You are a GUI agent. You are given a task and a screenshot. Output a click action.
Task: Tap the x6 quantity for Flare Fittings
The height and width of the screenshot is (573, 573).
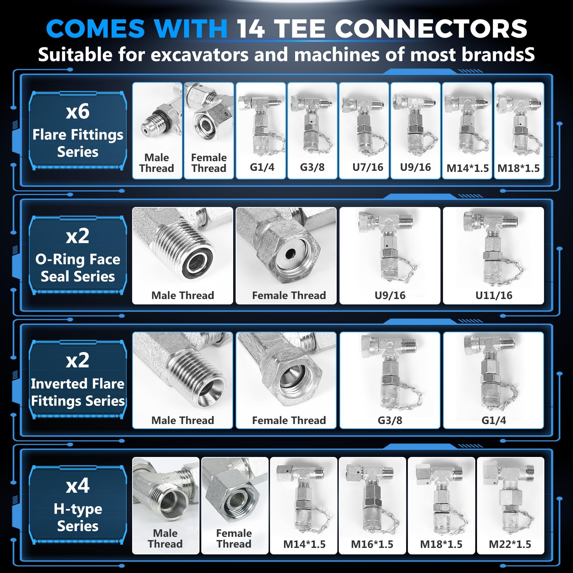[x=78, y=111]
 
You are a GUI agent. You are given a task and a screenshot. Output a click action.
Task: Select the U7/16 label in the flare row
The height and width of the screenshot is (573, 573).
[x=368, y=167]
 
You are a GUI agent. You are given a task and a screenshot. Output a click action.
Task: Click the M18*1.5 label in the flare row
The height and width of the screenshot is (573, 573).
[x=519, y=168]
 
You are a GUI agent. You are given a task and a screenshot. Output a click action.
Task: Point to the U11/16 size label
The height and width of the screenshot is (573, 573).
[x=494, y=295]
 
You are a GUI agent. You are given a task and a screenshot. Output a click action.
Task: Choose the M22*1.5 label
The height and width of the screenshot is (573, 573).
[x=510, y=544]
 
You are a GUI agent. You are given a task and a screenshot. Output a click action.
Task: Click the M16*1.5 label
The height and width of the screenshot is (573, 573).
[x=372, y=544]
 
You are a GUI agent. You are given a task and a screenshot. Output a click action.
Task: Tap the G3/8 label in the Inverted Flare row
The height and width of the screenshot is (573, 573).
[x=390, y=420]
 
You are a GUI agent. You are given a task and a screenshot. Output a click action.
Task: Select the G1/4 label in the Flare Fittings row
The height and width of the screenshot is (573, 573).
[x=262, y=167]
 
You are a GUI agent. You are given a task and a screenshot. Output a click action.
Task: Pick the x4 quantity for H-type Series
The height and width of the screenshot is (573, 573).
[x=78, y=486]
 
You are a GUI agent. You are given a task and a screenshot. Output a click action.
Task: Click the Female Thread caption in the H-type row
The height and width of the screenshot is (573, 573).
[x=234, y=539]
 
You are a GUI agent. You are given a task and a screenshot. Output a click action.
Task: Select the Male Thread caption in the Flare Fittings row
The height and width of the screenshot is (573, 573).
[x=157, y=163]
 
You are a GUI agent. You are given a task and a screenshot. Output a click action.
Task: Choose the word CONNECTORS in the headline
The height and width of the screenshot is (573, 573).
[x=431, y=29]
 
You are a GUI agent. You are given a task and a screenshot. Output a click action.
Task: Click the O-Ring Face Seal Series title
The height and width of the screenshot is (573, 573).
[x=78, y=268]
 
